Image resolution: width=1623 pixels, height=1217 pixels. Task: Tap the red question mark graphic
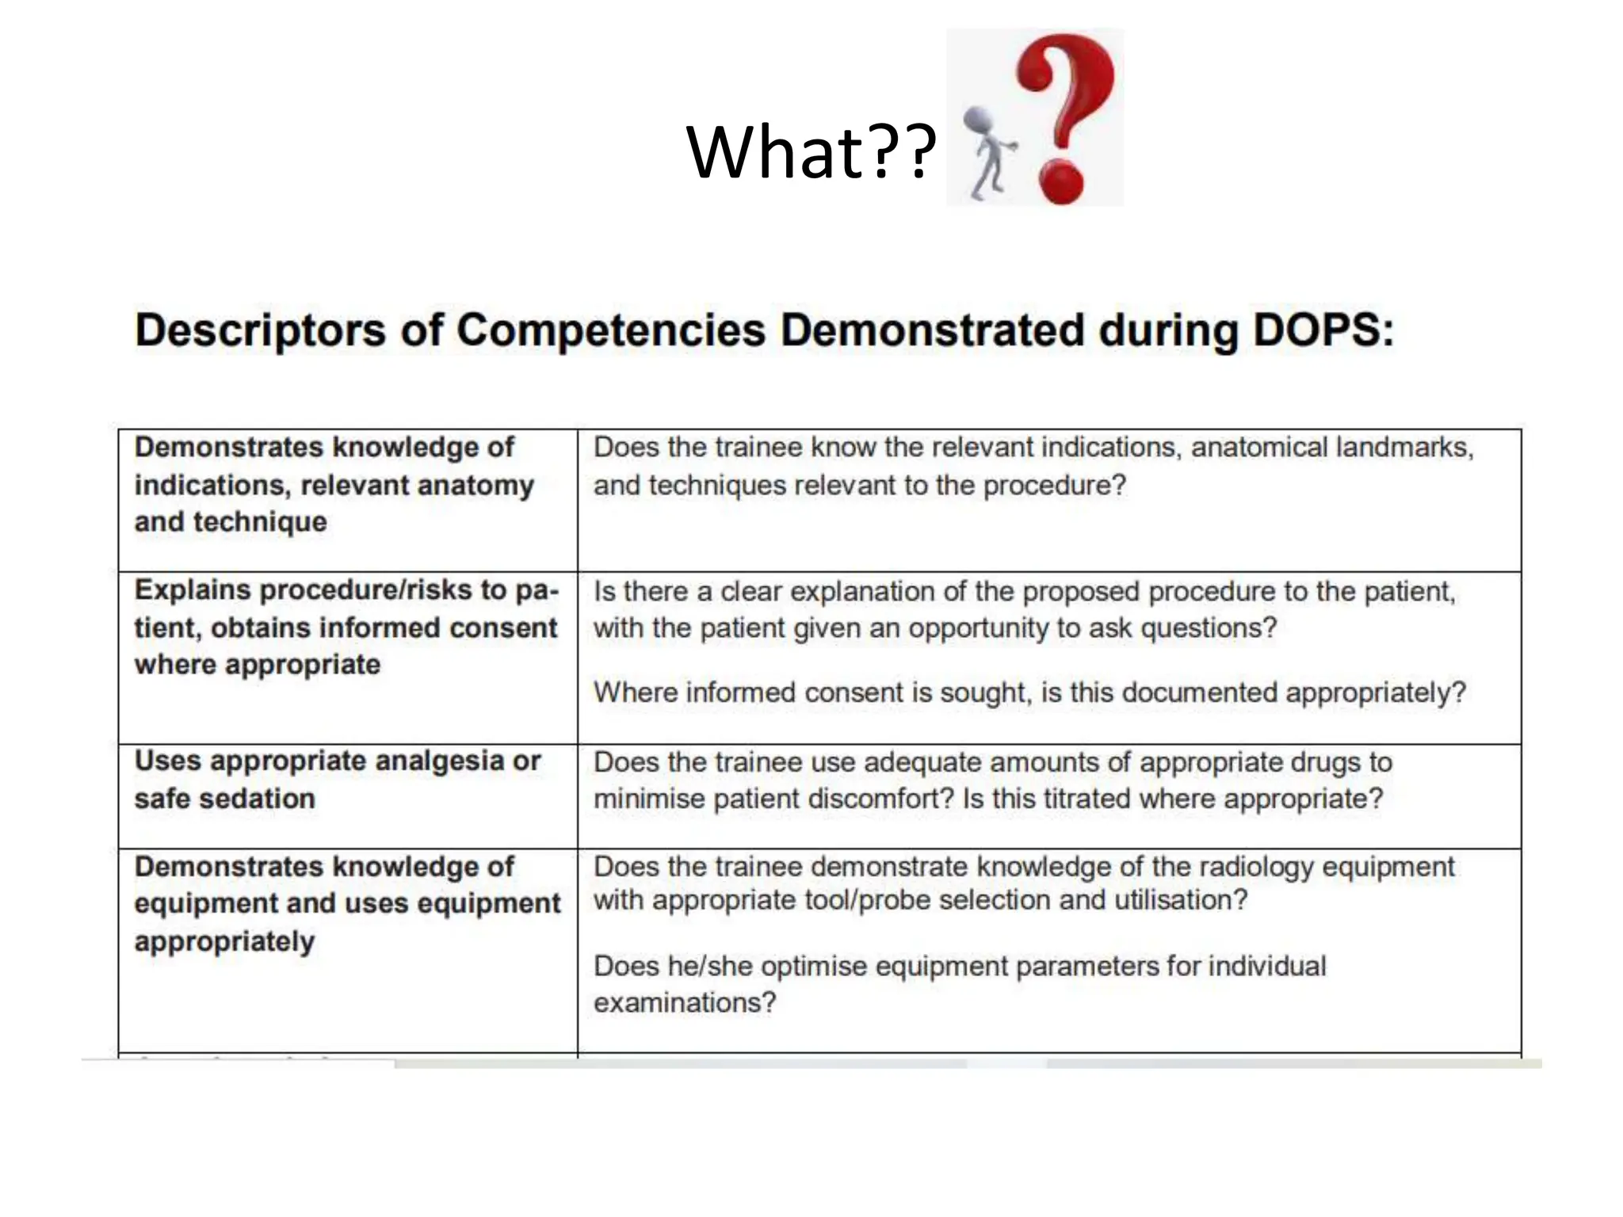point(1066,115)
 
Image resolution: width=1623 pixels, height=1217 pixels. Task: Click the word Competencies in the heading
point(611,331)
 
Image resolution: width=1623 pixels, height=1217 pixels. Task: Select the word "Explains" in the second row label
point(193,590)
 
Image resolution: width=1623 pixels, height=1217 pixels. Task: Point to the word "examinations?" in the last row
point(685,1003)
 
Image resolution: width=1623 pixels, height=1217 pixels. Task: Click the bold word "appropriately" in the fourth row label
point(224,942)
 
